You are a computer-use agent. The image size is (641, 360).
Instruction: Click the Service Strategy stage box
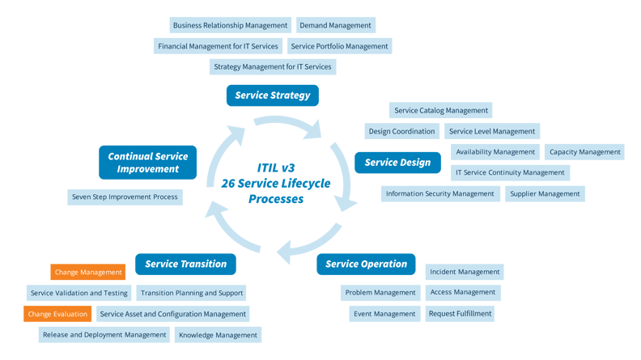273,95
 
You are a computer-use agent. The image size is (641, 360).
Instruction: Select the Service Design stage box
397,163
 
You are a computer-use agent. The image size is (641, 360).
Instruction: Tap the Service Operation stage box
366,265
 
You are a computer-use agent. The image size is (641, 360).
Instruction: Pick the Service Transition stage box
186,265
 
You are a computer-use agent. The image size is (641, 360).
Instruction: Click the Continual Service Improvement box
148,163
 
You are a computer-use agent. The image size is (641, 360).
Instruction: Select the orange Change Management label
88,273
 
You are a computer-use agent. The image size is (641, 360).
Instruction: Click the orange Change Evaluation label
57,314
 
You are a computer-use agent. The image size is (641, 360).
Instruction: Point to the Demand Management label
335,25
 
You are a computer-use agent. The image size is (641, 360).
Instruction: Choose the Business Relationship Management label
230,25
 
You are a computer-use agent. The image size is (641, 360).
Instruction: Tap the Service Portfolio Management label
339,46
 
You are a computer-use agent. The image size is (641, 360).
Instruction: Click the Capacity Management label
584,152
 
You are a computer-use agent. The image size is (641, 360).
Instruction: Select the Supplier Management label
545,194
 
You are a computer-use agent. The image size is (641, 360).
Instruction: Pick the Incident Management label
465,273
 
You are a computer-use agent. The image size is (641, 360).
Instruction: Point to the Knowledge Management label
218,335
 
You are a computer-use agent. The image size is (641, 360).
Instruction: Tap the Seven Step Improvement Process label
124,197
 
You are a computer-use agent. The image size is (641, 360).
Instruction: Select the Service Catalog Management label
440,111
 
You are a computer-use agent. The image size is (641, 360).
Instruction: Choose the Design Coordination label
401,131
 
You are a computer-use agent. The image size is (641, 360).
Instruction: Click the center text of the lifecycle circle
265,184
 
